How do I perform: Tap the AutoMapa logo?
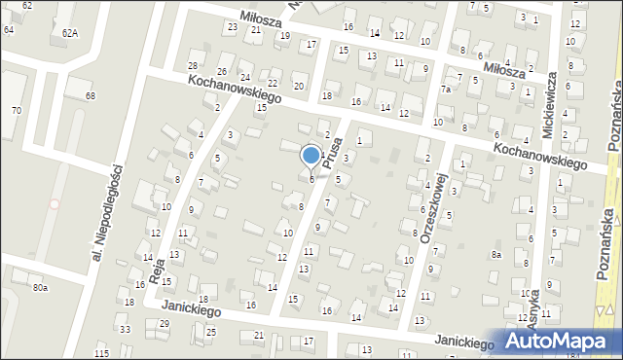[563, 342]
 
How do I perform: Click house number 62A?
[69, 32]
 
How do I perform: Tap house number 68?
[91, 95]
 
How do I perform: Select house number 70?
[16, 110]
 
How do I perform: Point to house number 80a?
[40, 288]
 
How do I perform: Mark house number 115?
[102, 353]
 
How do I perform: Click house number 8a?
[495, 255]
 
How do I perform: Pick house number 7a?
[445, 90]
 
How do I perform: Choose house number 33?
[125, 329]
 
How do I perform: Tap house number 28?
[193, 65]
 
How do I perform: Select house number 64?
[9, 29]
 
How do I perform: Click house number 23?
[232, 26]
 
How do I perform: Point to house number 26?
[222, 72]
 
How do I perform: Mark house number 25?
[211, 332]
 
